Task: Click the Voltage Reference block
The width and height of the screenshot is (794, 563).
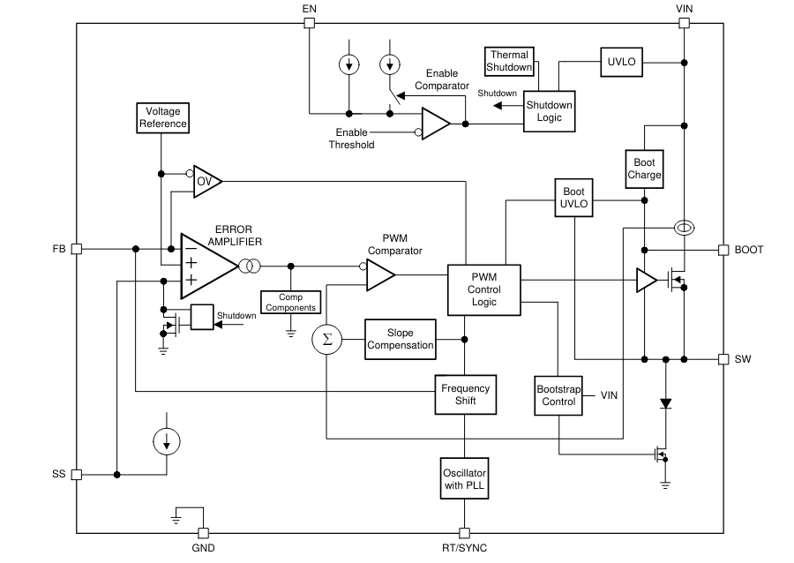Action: click(163, 117)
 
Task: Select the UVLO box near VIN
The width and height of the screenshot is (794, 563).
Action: click(621, 62)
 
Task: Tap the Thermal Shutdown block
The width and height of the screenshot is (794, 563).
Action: click(510, 61)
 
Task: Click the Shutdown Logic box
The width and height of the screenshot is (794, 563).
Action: click(549, 111)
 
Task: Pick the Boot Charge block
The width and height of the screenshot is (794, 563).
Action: click(644, 168)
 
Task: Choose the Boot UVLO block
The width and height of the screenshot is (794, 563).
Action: click(573, 198)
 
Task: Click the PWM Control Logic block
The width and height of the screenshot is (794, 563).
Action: click(483, 289)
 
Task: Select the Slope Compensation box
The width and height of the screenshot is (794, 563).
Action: click(401, 339)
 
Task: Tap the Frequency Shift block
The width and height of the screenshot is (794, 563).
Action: click(465, 394)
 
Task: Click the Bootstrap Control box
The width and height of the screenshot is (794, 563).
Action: click(558, 394)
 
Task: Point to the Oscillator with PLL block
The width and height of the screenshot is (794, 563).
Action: click(464, 478)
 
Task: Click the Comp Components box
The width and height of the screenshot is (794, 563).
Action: click(290, 303)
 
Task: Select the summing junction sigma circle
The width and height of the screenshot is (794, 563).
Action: click(327, 340)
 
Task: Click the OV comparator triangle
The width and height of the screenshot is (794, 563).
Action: click(206, 181)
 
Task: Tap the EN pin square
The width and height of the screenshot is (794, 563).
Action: click(309, 23)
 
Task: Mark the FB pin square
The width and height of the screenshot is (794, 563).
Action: click(77, 249)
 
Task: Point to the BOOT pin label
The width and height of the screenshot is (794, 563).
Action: click(749, 250)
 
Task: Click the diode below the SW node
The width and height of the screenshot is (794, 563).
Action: click(666, 403)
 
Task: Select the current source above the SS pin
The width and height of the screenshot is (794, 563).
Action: click(167, 440)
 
